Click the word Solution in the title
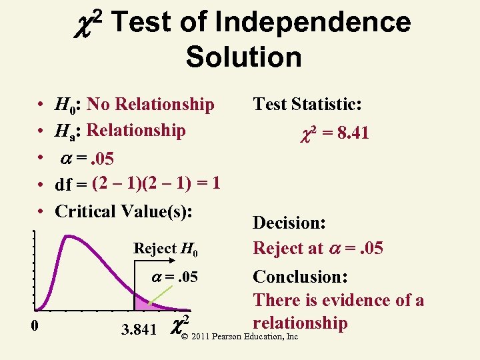tap(243, 57)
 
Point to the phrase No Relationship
tap(151, 104)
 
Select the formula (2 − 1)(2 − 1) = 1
tap(157, 183)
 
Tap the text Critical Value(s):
tap(124, 211)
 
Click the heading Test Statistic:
tap(307, 104)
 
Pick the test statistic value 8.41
tap(353, 133)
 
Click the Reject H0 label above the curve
tap(166, 249)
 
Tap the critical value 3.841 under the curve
tap(139, 329)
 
